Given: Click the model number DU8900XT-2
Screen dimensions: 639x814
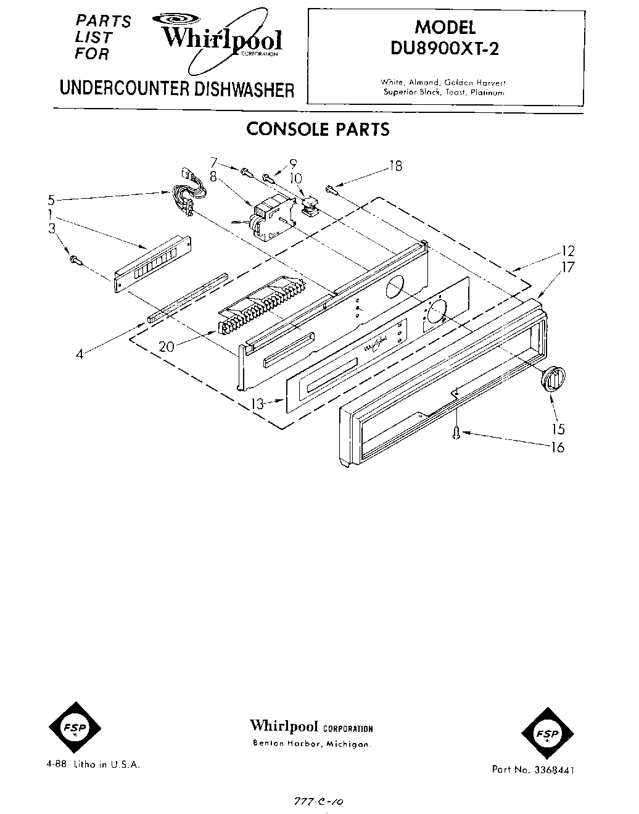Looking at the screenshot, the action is coord(444,49).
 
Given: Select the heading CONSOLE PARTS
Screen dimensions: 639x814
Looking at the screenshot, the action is coord(318,130).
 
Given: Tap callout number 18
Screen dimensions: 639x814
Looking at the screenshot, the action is coord(395,166).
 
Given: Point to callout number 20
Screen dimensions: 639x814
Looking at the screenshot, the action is coord(167,347).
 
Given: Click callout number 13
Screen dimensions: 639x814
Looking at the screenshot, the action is coord(257,404).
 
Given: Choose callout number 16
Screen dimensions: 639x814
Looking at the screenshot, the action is coord(557,447).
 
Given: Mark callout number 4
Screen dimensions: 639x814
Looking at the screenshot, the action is coord(79,355).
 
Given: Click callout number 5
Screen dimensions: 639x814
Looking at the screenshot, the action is coord(52,199).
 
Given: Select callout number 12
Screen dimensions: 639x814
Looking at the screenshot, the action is coord(568,251).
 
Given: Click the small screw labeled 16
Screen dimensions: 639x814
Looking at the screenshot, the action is coord(456,433).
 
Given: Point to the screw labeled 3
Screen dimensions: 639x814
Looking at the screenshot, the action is coord(74,260).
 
